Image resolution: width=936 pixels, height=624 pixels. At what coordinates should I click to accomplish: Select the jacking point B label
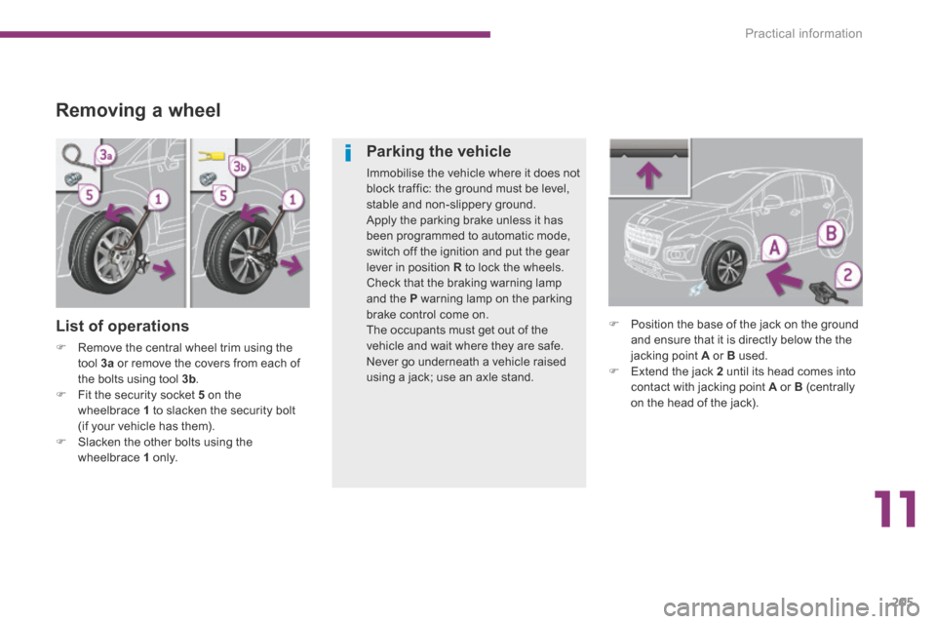832,235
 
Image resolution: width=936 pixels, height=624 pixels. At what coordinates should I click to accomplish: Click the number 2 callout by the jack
848,275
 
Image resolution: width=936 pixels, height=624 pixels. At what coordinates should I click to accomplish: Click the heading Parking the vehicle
438,152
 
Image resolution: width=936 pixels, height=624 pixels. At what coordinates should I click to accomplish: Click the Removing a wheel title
138,110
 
